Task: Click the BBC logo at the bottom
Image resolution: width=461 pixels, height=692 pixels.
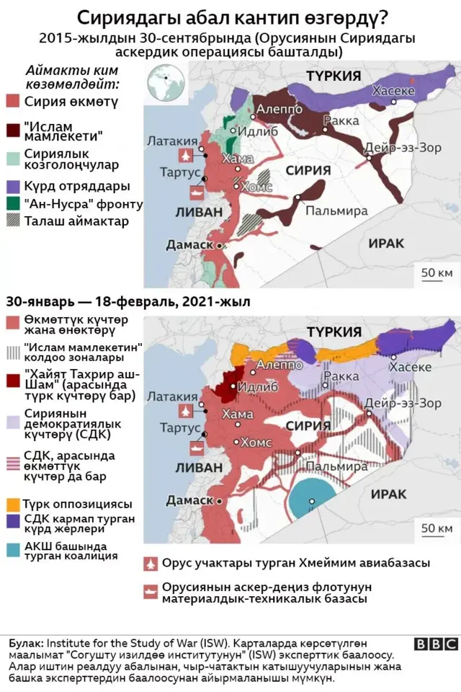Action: coord(435,644)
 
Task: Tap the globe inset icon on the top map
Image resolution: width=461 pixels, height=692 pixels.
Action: coord(165,82)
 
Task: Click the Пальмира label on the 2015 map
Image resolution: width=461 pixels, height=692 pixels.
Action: coord(336,211)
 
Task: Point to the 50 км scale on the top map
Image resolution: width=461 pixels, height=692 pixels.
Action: coord(436,272)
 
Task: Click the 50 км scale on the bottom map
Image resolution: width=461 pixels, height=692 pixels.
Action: coord(436,528)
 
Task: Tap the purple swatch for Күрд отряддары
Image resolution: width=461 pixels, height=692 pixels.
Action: coord(12,186)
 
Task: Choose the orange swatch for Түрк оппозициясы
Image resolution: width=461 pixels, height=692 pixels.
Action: coord(12,503)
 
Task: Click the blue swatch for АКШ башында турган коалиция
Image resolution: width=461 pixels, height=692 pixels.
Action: coord(12,550)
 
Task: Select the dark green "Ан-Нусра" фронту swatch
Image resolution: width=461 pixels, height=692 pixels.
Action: coord(12,204)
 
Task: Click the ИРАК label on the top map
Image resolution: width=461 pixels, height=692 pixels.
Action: coord(386,244)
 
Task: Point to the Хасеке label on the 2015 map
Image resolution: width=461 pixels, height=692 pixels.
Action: coord(393,91)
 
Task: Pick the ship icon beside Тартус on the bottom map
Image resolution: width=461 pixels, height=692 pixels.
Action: coord(196,447)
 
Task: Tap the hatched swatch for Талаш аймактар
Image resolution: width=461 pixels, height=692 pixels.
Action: coord(12,221)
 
